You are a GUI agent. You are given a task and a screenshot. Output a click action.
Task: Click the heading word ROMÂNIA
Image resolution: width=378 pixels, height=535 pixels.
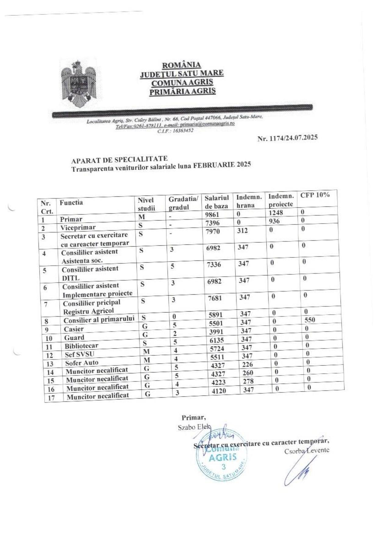pyautogui.click(x=181, y=65)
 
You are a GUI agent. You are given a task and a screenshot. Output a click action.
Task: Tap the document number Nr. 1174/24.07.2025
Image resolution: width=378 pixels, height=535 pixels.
pyautogui.click(x=287, y=138)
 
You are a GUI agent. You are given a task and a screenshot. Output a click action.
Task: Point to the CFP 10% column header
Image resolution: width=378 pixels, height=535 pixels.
pyautogui.click(x=315, y=195)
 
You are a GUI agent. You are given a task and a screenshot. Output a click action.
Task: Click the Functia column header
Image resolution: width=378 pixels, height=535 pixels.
pyautogui.click(x=71, y=203)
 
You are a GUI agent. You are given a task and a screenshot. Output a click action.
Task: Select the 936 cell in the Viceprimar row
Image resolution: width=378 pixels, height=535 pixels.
pyautogui.click(x=274, y=221)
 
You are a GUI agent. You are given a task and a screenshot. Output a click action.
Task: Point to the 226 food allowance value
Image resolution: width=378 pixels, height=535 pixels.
pyautogui.click(x=247, y=364)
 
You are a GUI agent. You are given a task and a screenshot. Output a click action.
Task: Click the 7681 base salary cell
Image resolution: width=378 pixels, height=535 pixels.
pyautogui.click(x=215, y=298)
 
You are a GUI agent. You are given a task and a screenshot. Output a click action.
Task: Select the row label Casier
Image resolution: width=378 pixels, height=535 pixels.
pyautogui.click(x=73, y=329)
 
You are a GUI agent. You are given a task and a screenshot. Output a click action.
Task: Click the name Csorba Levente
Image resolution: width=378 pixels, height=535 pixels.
pyautogui.click(x=307, y=451)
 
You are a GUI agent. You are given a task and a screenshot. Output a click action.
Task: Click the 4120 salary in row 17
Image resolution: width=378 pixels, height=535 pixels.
pyautogui.click(x=219, y=390)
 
